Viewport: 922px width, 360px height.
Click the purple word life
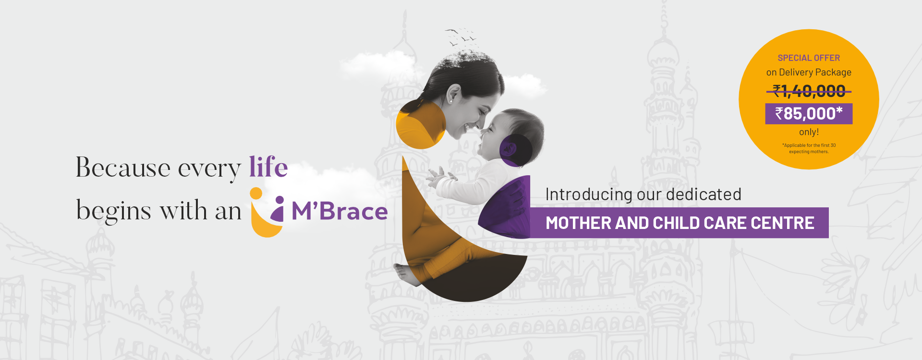click(x=268, y=167)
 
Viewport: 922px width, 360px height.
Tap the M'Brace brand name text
click(x=340, y=211)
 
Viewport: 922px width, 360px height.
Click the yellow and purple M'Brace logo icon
click(x=267, y=212)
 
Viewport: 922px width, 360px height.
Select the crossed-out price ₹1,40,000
click(x=809, y=91)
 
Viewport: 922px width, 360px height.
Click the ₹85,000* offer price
click(x=809, y=114)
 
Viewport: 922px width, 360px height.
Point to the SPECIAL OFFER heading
click(x=809, y=58)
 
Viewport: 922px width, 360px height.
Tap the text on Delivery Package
click(x=809, y=72)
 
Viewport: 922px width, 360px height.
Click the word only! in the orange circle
click(x=809, y=132)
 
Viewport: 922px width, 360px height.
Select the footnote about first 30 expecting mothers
click(x=809, y=148)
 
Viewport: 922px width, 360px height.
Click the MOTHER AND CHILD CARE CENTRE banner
click(x=679, y=223)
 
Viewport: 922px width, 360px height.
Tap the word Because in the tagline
click(x=123, y=168)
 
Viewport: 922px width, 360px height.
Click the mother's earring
click(x=450, y=101)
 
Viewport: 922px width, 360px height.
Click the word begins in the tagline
click(x=114, y=211)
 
